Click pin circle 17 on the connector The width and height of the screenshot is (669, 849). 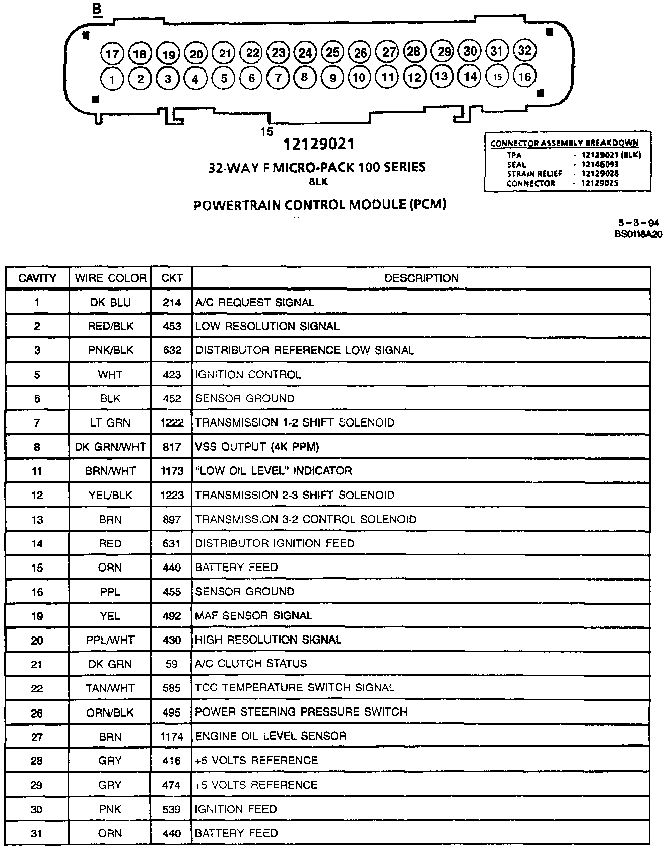point(112,54)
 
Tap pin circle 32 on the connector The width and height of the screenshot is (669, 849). point(524,50)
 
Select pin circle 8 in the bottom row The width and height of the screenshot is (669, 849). point(304,77)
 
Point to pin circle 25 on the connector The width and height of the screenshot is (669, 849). point(332,52)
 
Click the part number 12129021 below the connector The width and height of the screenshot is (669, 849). point(319,145)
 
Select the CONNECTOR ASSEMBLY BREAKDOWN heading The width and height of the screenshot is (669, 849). point(564,143)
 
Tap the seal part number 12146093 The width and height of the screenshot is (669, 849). point(599,164)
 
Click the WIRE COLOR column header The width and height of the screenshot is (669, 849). point(110,278)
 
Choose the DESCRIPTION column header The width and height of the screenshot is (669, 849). point(422,278)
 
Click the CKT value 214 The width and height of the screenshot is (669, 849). point(172,303)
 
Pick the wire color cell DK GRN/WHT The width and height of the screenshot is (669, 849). point(110,447)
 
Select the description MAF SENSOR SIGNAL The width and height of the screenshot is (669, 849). point(254,616)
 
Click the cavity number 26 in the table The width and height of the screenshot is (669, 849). point(37,713)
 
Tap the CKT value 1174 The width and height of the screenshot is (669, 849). point(172,737)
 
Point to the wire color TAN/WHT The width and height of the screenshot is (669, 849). point(110,688)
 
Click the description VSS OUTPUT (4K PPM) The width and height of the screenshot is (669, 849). point(257,447)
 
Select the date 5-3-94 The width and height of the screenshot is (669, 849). point(639,223)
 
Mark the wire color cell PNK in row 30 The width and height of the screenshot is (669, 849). point(110,809)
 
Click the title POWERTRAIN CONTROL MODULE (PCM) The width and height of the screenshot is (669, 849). point(320,205)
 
